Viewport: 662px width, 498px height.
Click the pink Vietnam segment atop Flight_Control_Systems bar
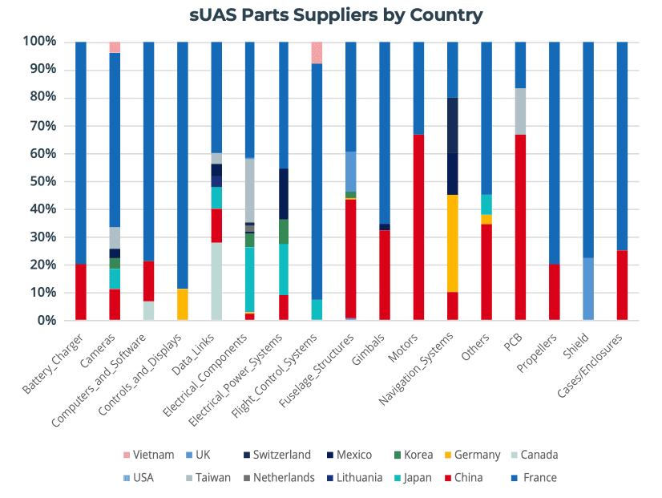point(317,52)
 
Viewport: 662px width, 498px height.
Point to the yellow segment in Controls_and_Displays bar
point(182,305)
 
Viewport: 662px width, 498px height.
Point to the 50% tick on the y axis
point(38,181)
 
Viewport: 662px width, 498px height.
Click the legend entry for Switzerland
point(277,455)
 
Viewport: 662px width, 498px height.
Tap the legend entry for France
point(534,478)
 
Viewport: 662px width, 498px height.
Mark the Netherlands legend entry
point(277,478)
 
